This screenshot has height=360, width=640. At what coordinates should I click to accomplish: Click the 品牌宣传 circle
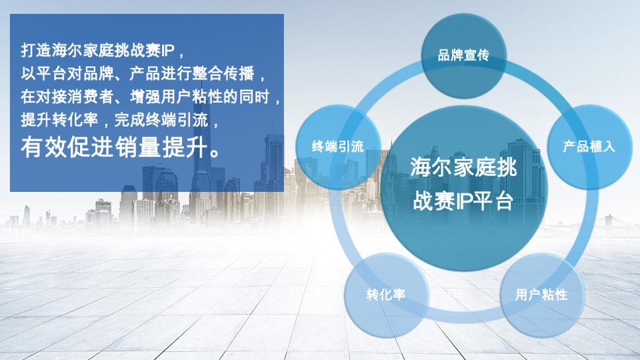[463, 55]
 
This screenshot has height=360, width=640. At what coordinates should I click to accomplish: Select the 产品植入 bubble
[589, 147]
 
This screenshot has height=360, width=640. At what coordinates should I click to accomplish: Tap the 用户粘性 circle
[541, 294]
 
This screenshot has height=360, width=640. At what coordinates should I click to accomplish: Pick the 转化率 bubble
[385, 294]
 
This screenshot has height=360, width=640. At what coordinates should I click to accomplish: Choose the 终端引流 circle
[338, 147]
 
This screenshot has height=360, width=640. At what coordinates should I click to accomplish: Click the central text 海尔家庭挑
[463, 167]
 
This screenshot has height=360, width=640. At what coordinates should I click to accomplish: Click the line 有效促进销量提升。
[121, 147]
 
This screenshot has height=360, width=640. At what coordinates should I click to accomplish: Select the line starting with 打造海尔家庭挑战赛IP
[100, 51]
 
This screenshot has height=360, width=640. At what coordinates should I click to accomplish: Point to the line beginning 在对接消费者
[151, 97]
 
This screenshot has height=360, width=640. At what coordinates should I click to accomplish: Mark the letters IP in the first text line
[168, 51]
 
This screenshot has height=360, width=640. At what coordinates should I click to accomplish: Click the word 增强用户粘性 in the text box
[160, 97]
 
